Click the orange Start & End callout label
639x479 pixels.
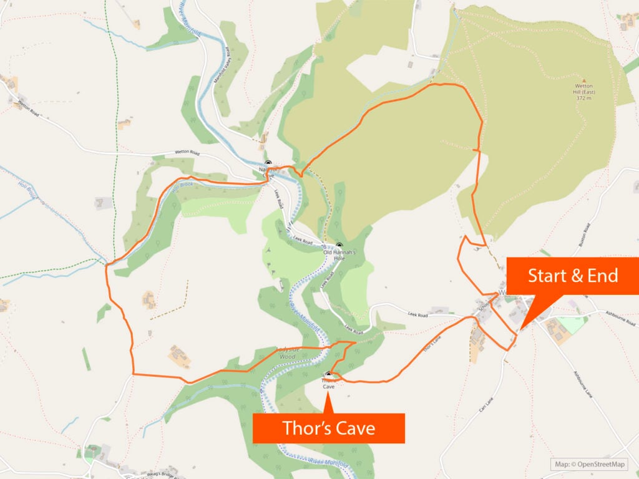(x=573, y=275)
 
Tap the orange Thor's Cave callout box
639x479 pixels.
(x=328, y=428)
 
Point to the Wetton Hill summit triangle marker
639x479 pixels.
(x=584, y=81)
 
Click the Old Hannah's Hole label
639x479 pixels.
(x=339, y=254)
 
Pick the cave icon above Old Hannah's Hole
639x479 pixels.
(x=339, y=245)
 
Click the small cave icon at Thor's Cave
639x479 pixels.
(x=328, y=375)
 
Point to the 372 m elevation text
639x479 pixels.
(x=584, y=98)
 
